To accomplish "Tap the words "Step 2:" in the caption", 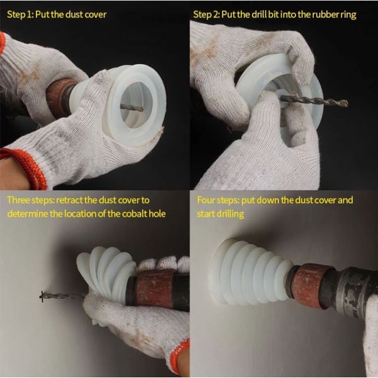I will point(212,14).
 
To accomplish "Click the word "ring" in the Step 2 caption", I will point(350,14).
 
